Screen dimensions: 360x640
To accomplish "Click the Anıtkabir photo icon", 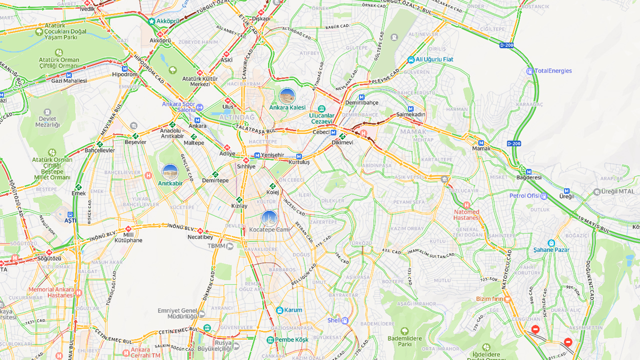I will coord(170,172).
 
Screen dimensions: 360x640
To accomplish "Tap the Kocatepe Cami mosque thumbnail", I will coord(269,218).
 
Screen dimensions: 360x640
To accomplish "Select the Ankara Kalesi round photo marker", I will coord(287,96).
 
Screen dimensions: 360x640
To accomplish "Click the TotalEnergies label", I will coord(553,71).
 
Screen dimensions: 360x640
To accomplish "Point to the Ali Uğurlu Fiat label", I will coord(434,59).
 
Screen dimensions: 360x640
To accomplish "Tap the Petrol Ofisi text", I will coord(524,195).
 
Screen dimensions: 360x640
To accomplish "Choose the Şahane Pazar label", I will coord(551,249).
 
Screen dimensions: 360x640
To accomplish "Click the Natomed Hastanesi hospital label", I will coord(466,214).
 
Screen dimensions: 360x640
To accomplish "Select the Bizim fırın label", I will coord(489,299).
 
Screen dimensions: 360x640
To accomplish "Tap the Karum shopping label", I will coord(293,310).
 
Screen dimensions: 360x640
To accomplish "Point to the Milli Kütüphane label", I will coord(128,237).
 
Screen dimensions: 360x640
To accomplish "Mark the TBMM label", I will coord(217,246).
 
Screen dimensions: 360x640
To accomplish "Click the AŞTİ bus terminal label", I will coord(70,220).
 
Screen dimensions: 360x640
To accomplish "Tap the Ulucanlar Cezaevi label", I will coord(321,118).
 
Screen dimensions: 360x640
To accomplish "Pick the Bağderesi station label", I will coord(529,177).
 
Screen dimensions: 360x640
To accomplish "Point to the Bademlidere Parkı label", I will coord(404,341).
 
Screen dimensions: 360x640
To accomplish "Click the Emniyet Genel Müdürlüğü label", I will coord(177,313).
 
